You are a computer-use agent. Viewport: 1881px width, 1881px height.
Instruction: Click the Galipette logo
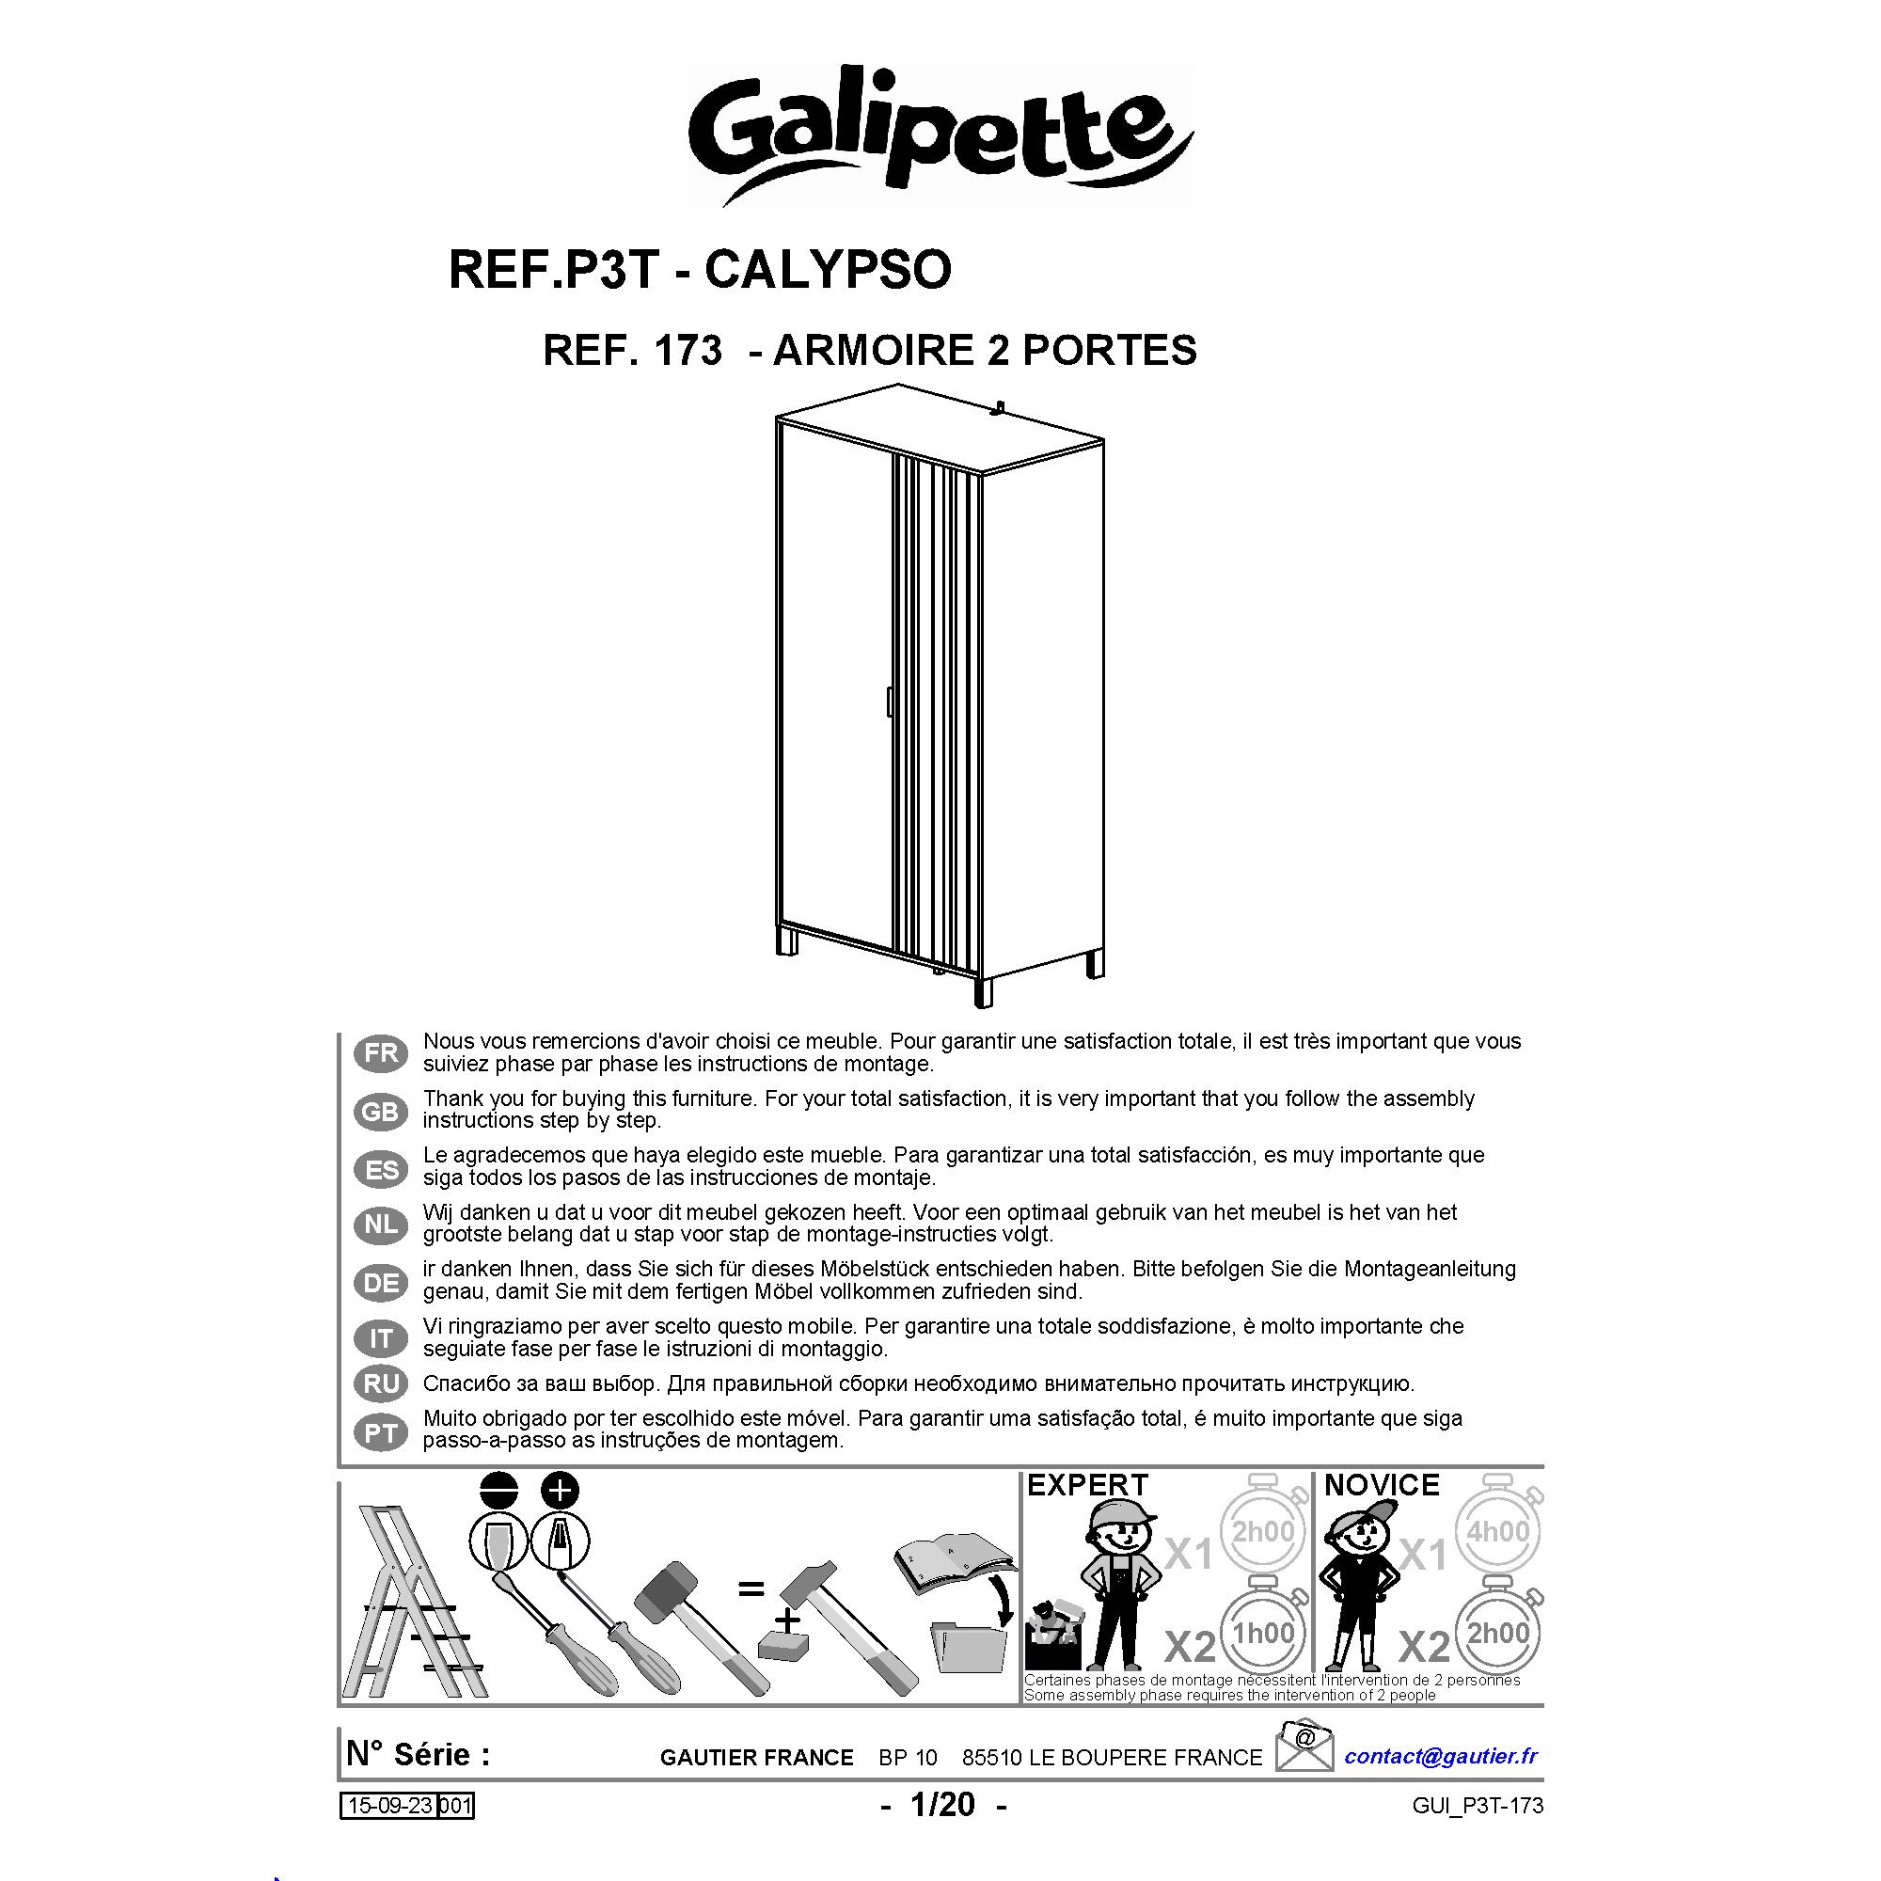[940, 135]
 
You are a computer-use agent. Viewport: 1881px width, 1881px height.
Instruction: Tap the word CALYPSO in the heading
[827, 270]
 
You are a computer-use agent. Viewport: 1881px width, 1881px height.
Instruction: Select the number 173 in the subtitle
[688, 351]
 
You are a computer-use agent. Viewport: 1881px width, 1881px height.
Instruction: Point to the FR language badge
[382, 1052]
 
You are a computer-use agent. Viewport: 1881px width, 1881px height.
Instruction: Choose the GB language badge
[382, 1111]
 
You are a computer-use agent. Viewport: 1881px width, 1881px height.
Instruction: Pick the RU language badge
[382, 1383]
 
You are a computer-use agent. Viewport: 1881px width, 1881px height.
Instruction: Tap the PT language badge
[382, 1432]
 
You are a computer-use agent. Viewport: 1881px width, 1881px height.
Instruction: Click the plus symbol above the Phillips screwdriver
[560, 1491]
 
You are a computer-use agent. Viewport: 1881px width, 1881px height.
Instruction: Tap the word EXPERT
[1087, 1486]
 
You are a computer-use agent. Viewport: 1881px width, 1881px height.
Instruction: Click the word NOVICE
[1382, 1486]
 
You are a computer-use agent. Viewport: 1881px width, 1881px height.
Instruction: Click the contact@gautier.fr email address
[1441, 1755]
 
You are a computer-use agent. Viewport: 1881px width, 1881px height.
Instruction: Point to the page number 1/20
[942, 1805]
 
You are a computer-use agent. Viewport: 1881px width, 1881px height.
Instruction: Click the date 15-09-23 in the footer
[390, 1806]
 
